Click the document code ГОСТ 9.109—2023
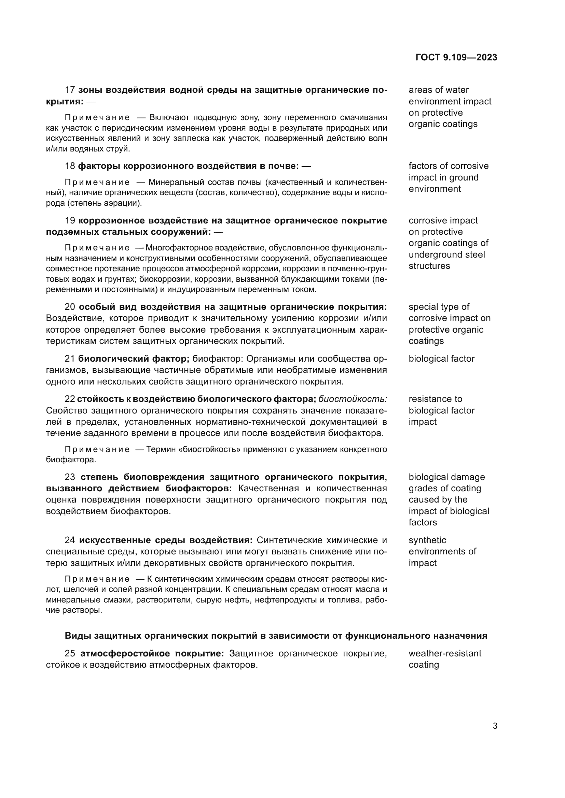point(456,57)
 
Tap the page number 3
point(495,726)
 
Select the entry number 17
point(70,90)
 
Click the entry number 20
point(70,307)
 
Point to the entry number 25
point(70,653)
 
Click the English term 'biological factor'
point(441,359)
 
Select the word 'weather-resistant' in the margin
point(445,653)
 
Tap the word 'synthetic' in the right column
point(427,540)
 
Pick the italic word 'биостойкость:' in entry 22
point(353,399)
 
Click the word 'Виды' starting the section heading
point(74,636)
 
